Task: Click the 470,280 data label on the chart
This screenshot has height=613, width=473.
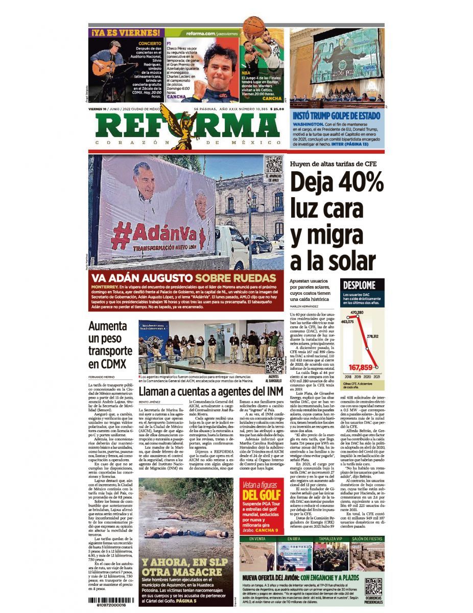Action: [357, 312]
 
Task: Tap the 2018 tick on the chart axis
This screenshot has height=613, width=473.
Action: [347, 376]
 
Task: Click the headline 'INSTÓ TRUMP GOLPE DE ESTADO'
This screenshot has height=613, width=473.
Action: [336, 116]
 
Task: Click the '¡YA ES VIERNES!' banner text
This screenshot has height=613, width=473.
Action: [126, 33]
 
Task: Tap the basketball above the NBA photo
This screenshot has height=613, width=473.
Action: [253, 26]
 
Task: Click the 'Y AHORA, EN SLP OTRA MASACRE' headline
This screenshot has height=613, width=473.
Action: [182, 567]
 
